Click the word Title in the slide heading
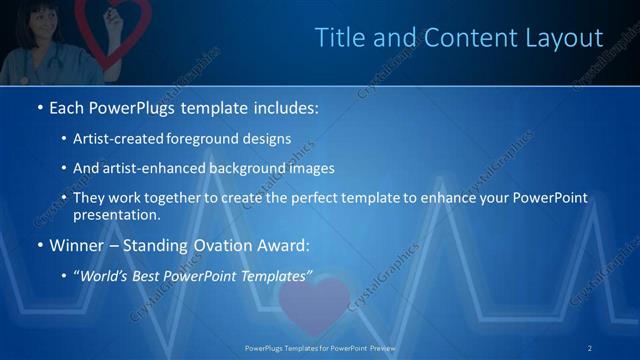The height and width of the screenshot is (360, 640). click(x=337, y=38)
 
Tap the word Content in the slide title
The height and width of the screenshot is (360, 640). click(x=452, y=38)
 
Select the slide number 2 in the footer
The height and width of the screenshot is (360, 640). click(x=590, y=347)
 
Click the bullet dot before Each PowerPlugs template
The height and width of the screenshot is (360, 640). click(x=39, y=107)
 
